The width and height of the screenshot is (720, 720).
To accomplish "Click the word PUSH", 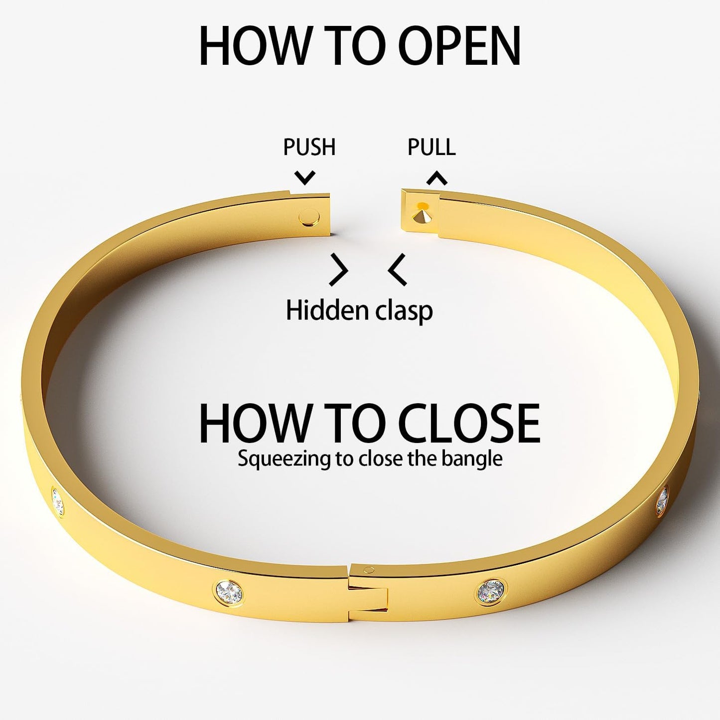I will (x=309, y=147).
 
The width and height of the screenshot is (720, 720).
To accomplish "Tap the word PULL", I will (x=432, y=147).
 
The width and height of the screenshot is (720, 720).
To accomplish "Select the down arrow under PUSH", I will (x=305, y=177).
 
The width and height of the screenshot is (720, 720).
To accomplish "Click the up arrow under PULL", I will (x=437, y=178).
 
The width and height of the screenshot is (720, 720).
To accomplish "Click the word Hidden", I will (x=320, y=310).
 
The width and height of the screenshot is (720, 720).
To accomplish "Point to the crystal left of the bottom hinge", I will (x=229, y=591).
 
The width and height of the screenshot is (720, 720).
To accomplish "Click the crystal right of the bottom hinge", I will (x=491, y=591).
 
